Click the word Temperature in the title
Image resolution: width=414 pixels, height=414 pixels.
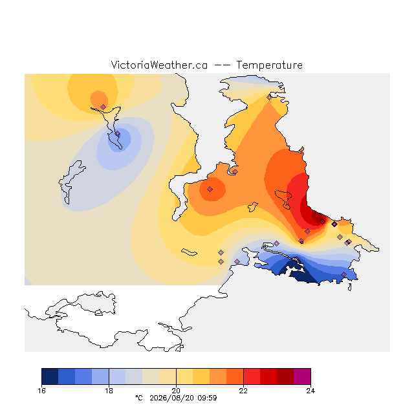click(x=269, y=65)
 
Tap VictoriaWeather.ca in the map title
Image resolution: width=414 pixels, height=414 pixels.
click(x=159, y=65)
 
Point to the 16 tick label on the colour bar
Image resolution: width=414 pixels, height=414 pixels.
click(x=41, y=391)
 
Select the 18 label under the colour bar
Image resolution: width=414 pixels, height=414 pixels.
click(x=109, y=391)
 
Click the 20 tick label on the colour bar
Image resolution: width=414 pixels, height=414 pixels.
click(x=176, y=391)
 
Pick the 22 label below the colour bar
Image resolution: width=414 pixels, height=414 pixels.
click(x=243, y=391)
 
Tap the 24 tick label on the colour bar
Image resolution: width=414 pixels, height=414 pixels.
click(x=310, y=391)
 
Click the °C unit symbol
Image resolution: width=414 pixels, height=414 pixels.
click(x=139, y=398)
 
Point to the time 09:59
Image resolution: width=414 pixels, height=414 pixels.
click(x=207, y=398)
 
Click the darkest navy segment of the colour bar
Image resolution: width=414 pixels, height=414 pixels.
click(x=50, y=376)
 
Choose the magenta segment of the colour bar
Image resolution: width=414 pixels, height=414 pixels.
click(x=302, y=376)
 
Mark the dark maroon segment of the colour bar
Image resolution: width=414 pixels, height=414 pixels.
click(x=285, y=376)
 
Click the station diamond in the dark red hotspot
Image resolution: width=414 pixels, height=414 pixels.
click(x=322, y=221)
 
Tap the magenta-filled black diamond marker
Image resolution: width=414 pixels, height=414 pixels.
click(x=334, y=224)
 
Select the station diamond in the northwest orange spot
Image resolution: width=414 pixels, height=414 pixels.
click(x=103, y=107)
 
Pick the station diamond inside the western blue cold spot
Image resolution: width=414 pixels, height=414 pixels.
click(x=118, y=134)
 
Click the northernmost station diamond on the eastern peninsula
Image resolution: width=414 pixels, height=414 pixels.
click(x=269, y=98)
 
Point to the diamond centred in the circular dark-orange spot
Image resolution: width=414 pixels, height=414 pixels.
click(x=210, y=189)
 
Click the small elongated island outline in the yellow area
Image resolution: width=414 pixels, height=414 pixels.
click(x=189, y=252)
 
